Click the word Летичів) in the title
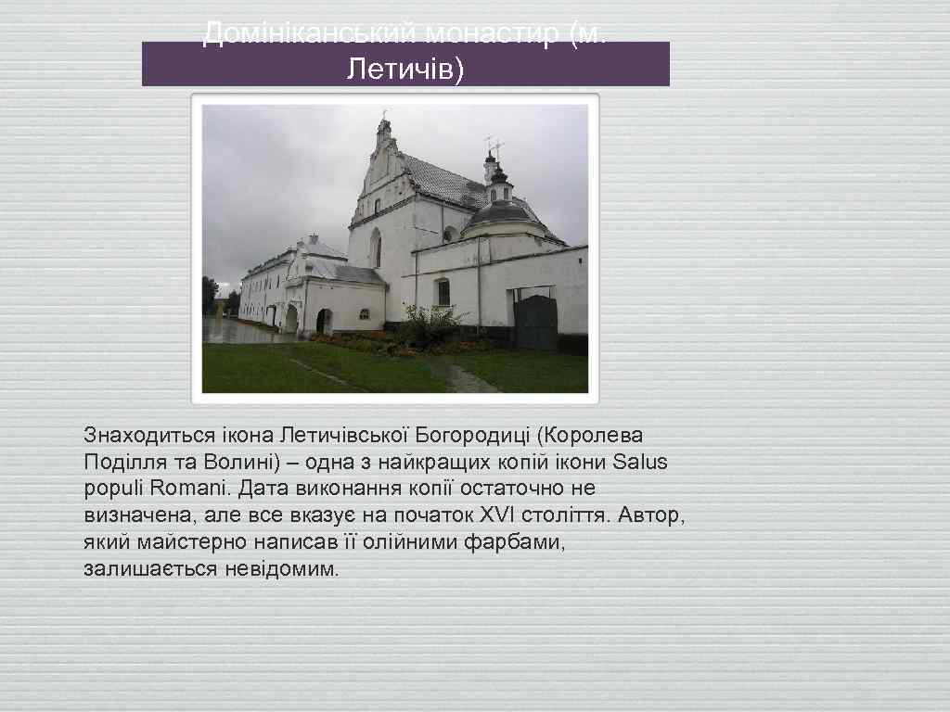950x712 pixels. (404, 69)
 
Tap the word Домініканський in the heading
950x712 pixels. (312, 34)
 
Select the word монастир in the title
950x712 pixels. (494, 34)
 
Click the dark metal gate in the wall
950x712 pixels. (535, 321)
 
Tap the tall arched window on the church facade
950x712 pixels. (376, 248)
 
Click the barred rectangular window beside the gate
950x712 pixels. (443, 292)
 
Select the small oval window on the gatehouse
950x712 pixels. (364, 313)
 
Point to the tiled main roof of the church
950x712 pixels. (443, 181)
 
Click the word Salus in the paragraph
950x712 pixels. (641, 462)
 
